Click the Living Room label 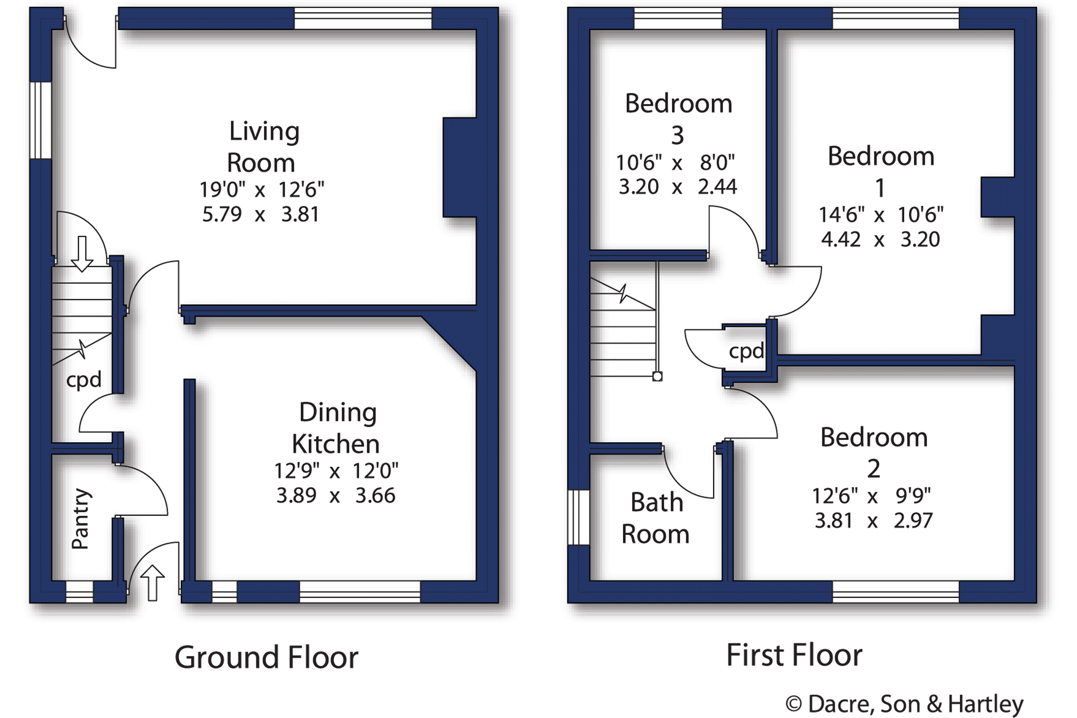[262, 147]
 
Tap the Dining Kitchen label [336, 428]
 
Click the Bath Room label [656, 518]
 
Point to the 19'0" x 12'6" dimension [261, 190]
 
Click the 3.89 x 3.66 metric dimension [335, 496]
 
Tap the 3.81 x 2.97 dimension [873, 521]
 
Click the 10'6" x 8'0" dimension [675, 163]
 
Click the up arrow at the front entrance [152, 583]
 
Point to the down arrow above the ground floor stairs [82, 253]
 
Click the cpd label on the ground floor [84, 380]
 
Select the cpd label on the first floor [746, 351]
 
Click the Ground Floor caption [266, 658]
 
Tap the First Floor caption [794, 655]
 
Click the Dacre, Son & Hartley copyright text [904, 704]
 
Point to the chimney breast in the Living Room [459, 167]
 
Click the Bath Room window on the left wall [579, 517]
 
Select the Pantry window [80, 591]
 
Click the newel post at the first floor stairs [658, 376]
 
